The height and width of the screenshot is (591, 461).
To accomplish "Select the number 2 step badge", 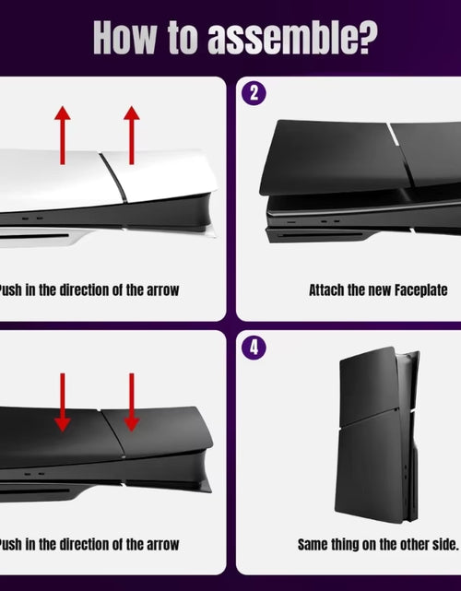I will (252, 93).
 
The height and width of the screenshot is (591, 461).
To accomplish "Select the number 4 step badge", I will (252, 349).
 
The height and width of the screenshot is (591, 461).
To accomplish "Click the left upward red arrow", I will (63, 134).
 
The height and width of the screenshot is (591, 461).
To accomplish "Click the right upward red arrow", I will (131, 134).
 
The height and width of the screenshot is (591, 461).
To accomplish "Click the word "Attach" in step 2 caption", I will (327, 290).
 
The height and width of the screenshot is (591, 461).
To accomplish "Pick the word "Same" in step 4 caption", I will (314, 544).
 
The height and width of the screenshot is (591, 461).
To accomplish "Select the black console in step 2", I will (360, 184).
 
